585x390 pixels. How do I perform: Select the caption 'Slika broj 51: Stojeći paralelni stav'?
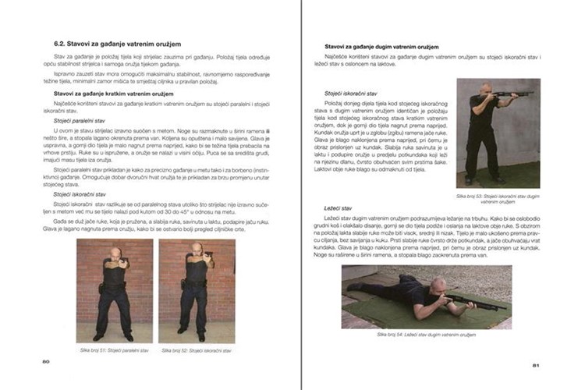click(115, 351)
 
